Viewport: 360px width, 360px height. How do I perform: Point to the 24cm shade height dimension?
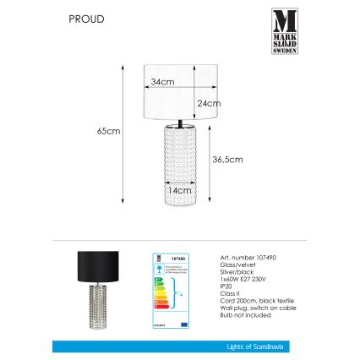pos(208,103)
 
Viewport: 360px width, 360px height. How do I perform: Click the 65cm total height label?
pos(109,131)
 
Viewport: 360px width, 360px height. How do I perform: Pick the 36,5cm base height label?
pos(228,159)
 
